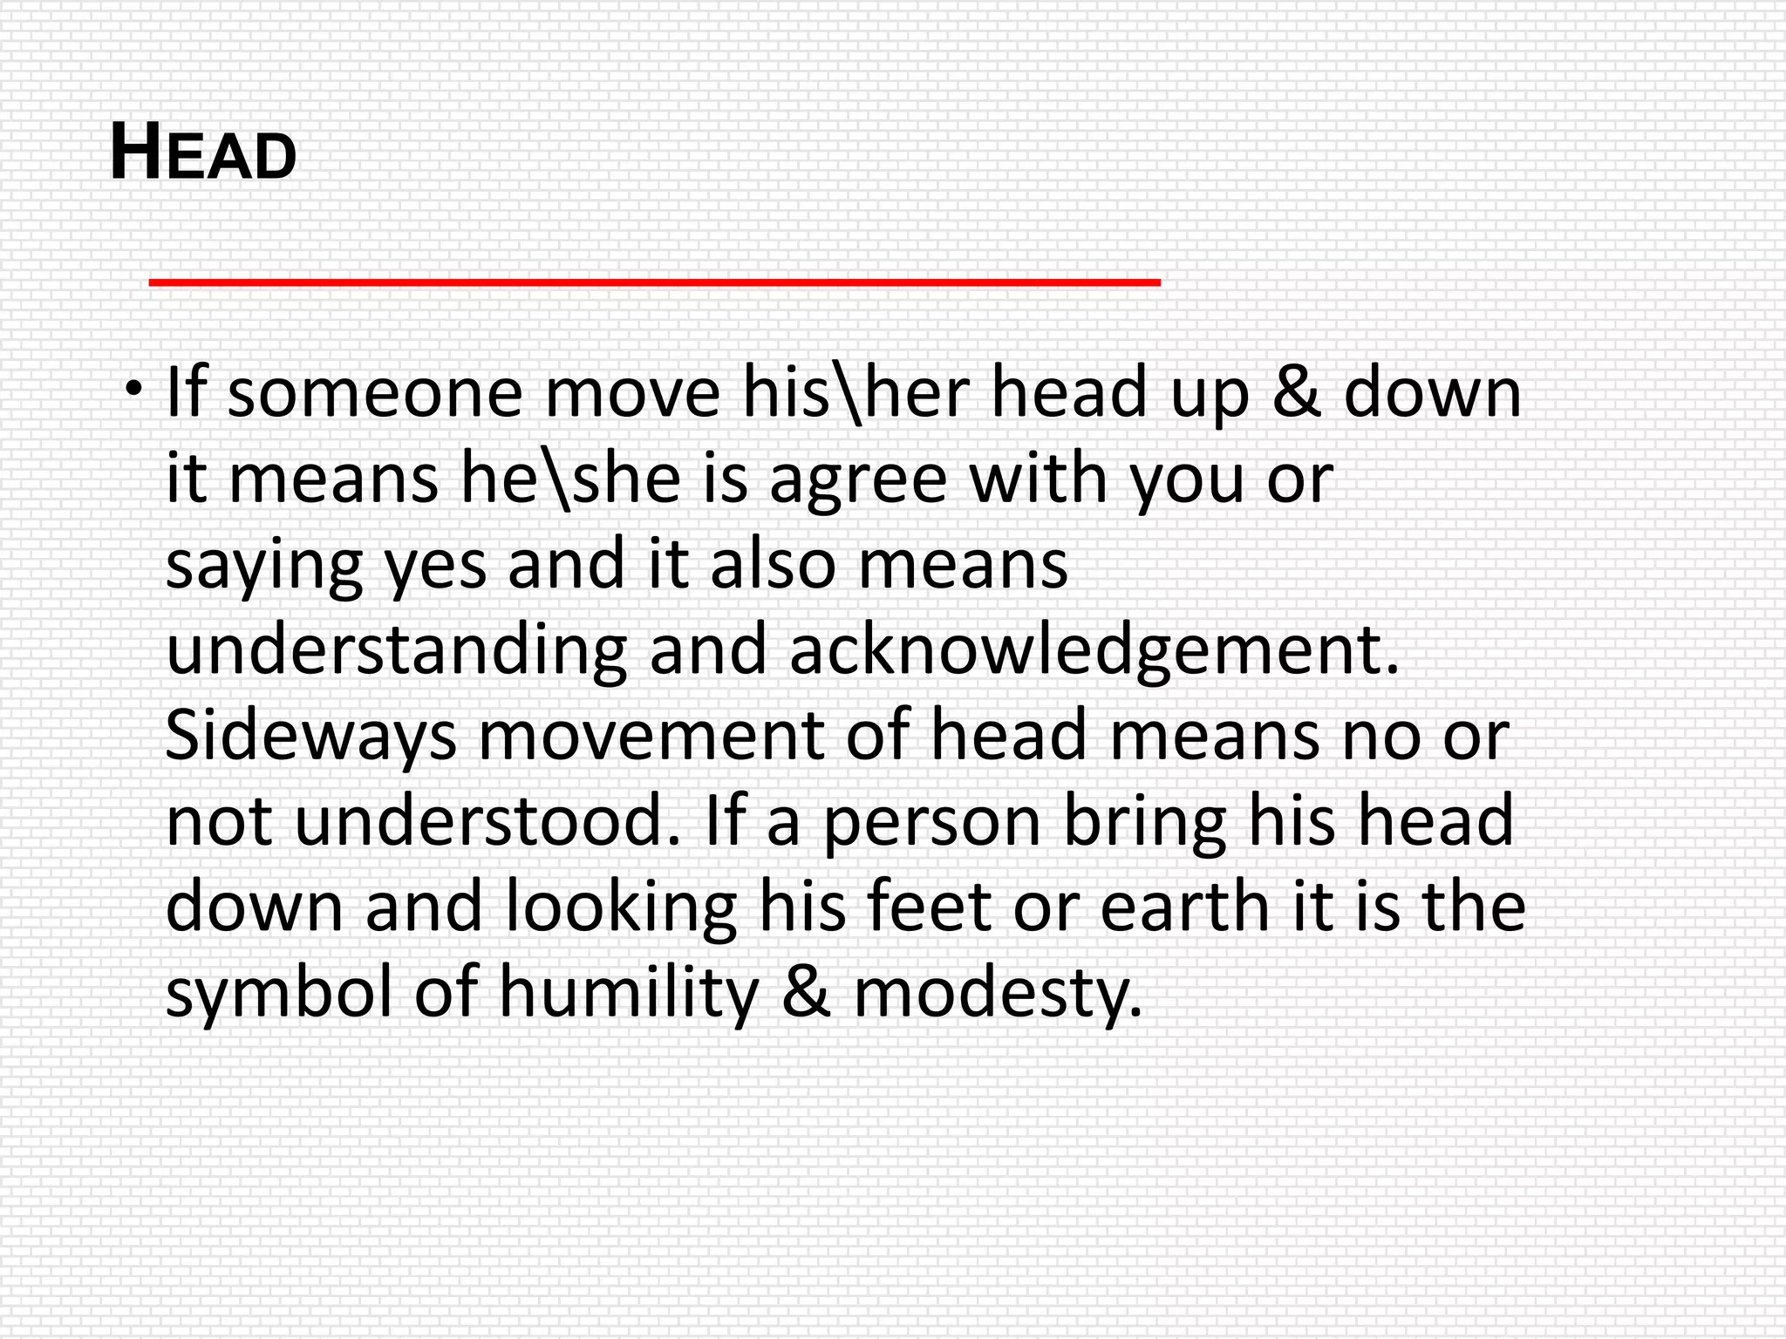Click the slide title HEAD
(203, 153)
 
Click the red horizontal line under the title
(654, 282)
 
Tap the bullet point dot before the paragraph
(133, 387)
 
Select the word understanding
(396, 650)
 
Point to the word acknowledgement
(1094, 650)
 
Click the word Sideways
(310, 737)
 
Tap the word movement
(651, 737)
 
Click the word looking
(621, 907)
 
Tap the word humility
(629, 994)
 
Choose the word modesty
(997, 994)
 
